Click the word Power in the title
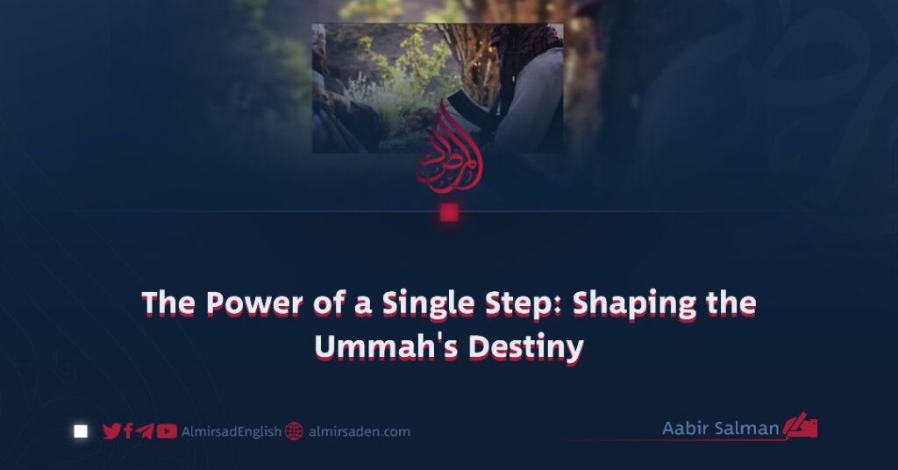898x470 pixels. (x=253, y=303)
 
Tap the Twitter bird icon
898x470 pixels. (x=111, y=431)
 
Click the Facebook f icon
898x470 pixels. (x=128, y=431)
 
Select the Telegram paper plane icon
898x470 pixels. (x=145, y=431)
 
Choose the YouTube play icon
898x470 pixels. (x=167, y=431)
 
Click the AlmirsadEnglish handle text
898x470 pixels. (x=232, y=431)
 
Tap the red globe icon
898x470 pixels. (x=294, y=431)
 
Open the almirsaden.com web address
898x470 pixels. (x=359, y=431)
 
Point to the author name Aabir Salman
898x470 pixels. (x=720, y=428)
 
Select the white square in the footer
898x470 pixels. (x=81, y=431)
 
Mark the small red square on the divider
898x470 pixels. (x=449, y=213)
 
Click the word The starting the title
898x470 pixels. (x=167, y=303)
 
